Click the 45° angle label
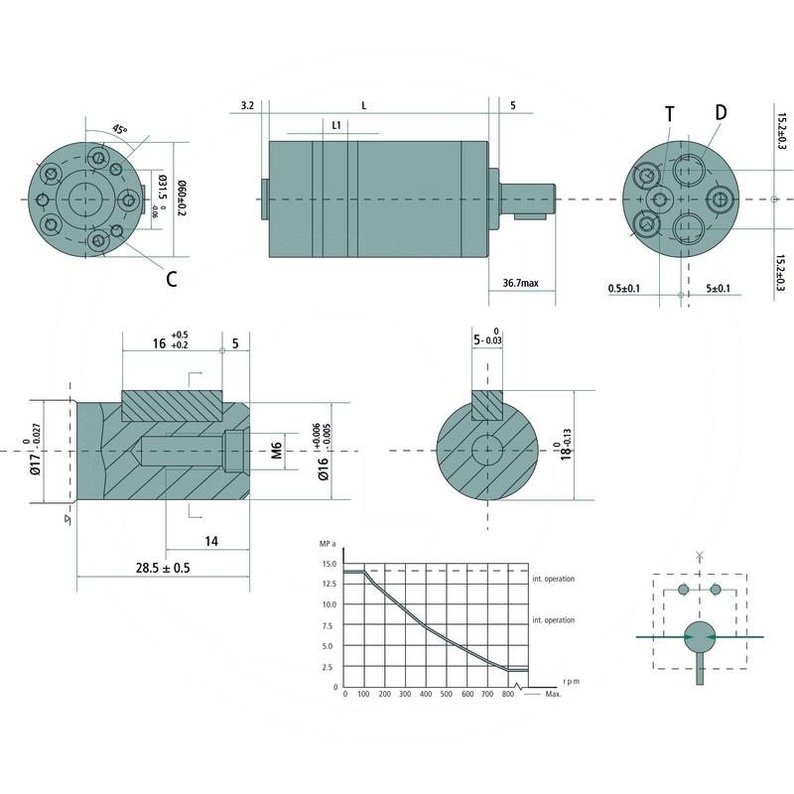click(x=119, y=129)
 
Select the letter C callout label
click(x=172, y=279)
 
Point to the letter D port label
click(x=720, y=111)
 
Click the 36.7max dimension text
click(x=520, y=284)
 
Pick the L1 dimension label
click(x=337, y=126)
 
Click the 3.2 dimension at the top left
click(x=247, y=104)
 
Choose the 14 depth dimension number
click(x=210, y=541)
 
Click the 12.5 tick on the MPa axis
click(x=328, y=585)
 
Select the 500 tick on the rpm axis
click(x=447, y=694)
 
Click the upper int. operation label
click(x=553, y=579)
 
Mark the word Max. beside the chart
click(x=554, y=694)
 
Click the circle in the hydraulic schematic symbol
click(x=700, y=637)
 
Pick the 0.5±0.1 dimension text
click(x=624, y=289)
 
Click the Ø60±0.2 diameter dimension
click(x=180, y=198)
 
